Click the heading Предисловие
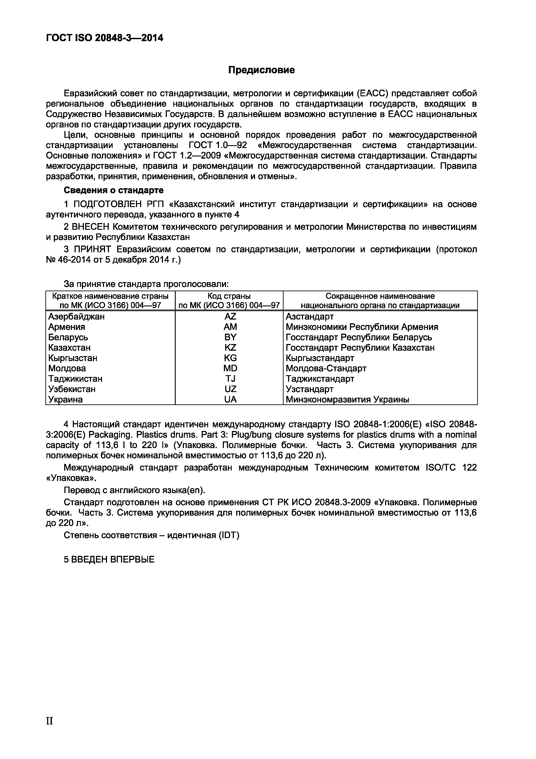point(262,70)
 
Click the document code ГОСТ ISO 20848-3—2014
point(104,38)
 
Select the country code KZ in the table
point(230,347)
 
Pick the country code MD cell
point(230,368)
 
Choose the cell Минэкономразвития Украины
point(347,399)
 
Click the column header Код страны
point(229,296)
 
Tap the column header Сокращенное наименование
point(380,296)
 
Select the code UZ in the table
point(230,389)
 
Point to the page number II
point(49,721)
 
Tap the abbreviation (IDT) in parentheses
point(228,535)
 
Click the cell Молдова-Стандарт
point(326,368)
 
